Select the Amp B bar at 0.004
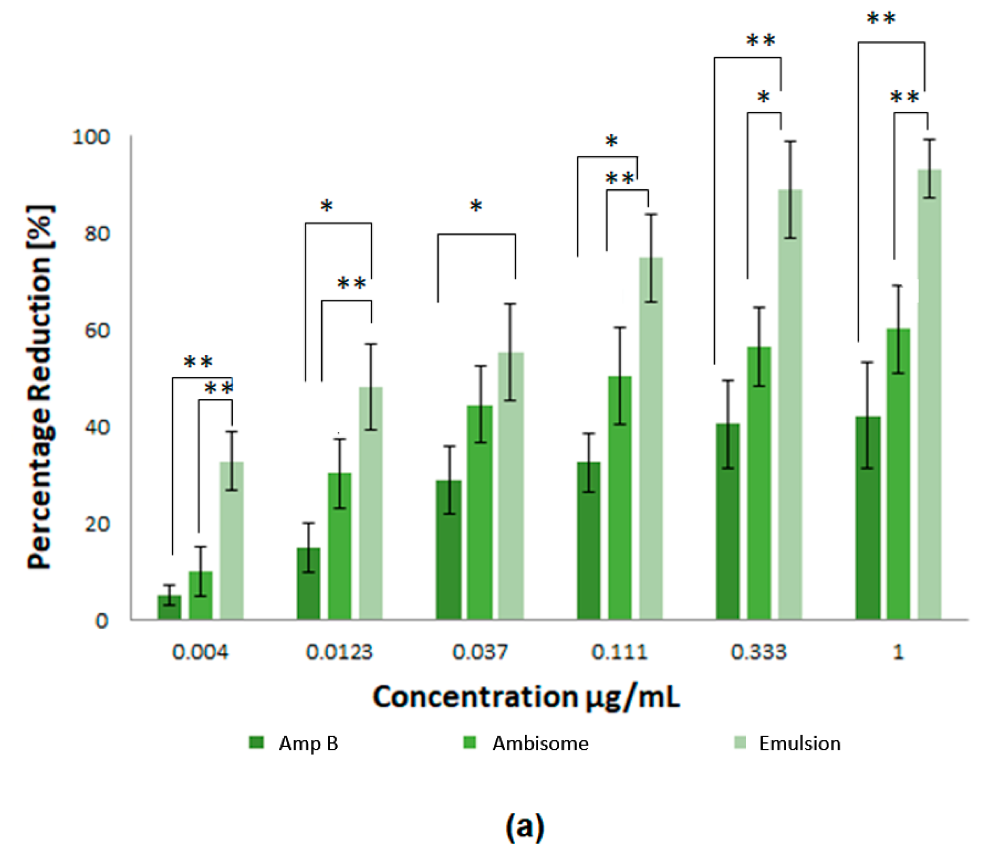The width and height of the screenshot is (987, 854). pos(169,607)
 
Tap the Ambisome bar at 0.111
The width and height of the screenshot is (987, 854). pos(620,500)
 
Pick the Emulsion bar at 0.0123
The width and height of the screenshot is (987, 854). pos(370,505)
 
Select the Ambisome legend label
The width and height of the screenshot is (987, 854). pos(540,744)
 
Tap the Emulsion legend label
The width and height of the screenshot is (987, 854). pos(799,744)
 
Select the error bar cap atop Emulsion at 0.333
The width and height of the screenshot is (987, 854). pos(790,141)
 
